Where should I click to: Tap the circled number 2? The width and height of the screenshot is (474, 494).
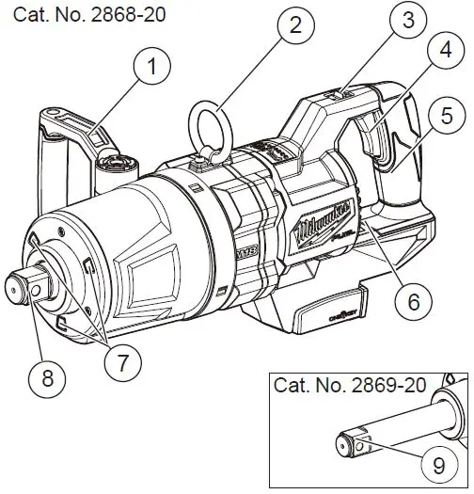point(296,25)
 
